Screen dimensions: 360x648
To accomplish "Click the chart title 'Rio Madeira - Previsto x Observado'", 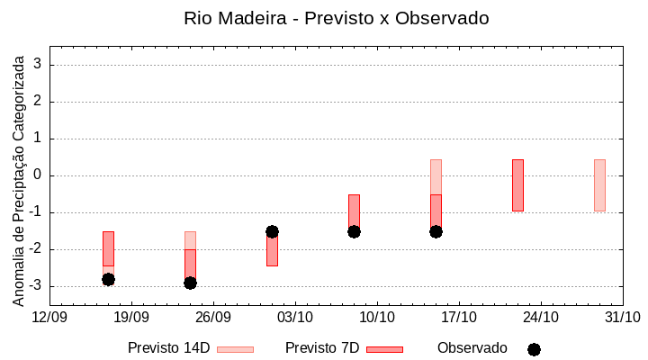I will pyautogui.click(x=336, y=18).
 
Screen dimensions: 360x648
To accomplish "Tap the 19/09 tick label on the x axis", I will pyautogui.click(x=131, y=317).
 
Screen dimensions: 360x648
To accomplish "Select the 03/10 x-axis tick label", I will pyautogui.click(x=295, y=317).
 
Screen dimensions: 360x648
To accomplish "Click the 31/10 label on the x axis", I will pyautogui.click(x=623, y=317).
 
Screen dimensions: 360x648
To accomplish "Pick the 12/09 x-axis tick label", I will pyautogui.click(x=49, y=317).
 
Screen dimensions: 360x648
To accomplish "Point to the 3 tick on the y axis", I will pyautogui.click(x=39, y=65).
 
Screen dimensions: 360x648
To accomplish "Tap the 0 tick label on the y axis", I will pyautogui.click(x=39, y=175).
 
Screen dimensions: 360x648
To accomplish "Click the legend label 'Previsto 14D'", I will pyautogui.click(x=168, y=348).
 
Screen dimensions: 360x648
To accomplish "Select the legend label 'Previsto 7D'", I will pyautogui.click(x=321, y=348).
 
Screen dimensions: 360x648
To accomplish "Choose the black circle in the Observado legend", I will pyautogui.click(x=534, y=349).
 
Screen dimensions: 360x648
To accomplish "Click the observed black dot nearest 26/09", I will pyautogui.click(x=190, y=283).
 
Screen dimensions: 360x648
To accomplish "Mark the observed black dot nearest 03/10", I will pyautogui.click(x=272, y=231).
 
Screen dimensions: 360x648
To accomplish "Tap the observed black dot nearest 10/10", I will pyautogui.click(x=354, y=231).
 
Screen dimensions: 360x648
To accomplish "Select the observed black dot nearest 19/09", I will pyautogui.click(x=108, y=279).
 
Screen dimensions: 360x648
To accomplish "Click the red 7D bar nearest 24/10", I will pyautogui.click(x=517, y=185).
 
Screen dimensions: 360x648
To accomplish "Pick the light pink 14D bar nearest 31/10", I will pyautogui.click(x=599, y=185).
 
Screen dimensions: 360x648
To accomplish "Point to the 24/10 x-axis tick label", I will pyautogui.click(x=541, y=317).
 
